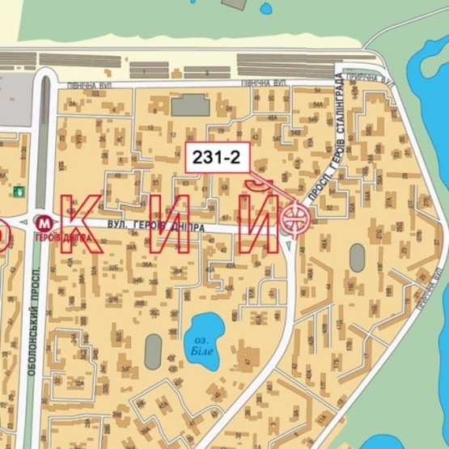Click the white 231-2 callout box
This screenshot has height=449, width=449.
tap(214, 158)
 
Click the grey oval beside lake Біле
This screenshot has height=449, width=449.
tap(153, 351)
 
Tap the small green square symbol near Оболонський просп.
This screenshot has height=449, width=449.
tap(17, 193)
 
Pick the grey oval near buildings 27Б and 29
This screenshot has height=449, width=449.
tap(357, 258)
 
